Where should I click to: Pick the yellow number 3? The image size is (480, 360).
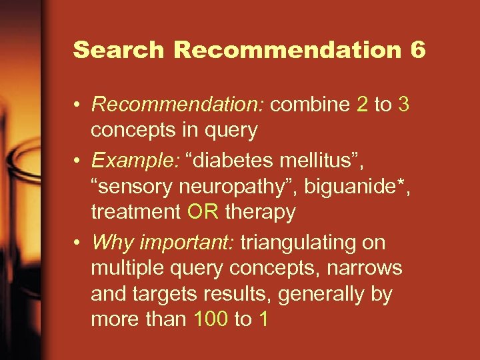[403, 105]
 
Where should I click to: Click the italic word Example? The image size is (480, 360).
[133, 160]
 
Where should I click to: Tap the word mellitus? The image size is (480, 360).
[325, 160]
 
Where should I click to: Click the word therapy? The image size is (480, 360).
[261, 213]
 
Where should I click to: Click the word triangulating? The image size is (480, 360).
[306, 242]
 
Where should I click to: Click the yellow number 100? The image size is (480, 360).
[211, 319]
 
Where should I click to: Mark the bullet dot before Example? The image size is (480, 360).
[79, 161]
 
